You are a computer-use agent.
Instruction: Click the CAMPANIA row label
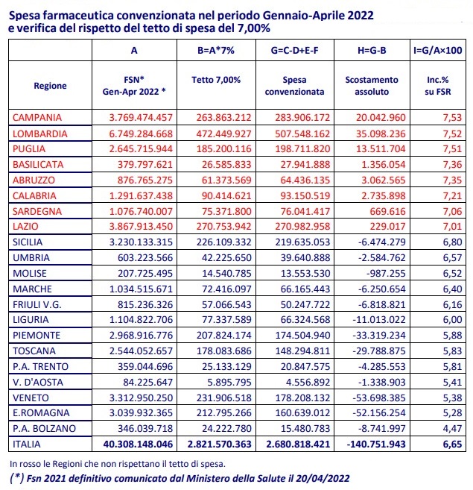click(37, 118)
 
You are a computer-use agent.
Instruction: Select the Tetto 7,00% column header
click(216, 80)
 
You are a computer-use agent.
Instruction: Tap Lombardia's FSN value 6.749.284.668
click(141, 134)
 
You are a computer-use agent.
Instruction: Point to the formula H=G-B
click(372, 50)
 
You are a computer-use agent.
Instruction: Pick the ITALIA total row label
click(27, 444)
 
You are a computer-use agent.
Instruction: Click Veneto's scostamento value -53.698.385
click(379, 398)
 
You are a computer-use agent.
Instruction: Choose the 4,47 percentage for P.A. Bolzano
click(452, 428)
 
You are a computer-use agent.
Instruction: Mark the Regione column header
click(50, 86)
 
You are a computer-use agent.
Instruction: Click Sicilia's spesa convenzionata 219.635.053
click(302, 242)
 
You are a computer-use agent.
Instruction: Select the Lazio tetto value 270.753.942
click(224, 226)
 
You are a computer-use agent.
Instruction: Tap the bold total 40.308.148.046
click(138, 444)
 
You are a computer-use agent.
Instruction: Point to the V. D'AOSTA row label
click(38, 382)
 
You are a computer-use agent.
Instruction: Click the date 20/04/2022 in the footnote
click(323, 478)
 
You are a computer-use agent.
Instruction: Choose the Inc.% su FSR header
click(438, 86)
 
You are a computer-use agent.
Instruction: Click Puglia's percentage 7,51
click(452, 148)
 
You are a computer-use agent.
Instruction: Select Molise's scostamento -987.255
click(386, 274)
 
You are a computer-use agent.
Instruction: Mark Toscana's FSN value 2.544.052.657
click(141, 351)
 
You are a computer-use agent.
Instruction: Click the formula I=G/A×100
click(438, 50)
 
